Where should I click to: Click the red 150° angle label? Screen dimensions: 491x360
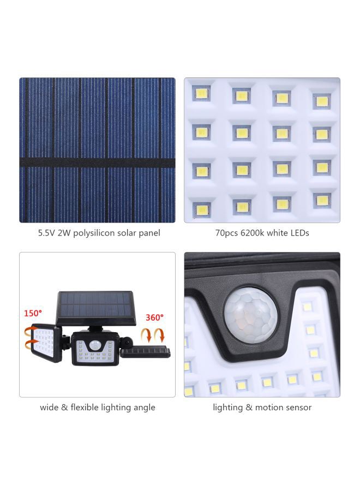[32, 314]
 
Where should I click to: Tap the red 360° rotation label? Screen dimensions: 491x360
[154, 317]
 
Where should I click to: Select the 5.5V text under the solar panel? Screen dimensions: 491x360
[47, 233]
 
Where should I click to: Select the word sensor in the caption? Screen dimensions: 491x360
[297, 408]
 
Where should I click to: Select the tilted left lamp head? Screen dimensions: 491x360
[47, 343]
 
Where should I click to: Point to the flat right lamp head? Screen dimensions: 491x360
[145, 352]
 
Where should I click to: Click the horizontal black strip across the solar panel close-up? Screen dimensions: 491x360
[97, 163]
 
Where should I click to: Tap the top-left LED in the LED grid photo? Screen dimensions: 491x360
[201, 93]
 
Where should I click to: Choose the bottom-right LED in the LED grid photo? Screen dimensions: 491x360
[322, 201]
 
